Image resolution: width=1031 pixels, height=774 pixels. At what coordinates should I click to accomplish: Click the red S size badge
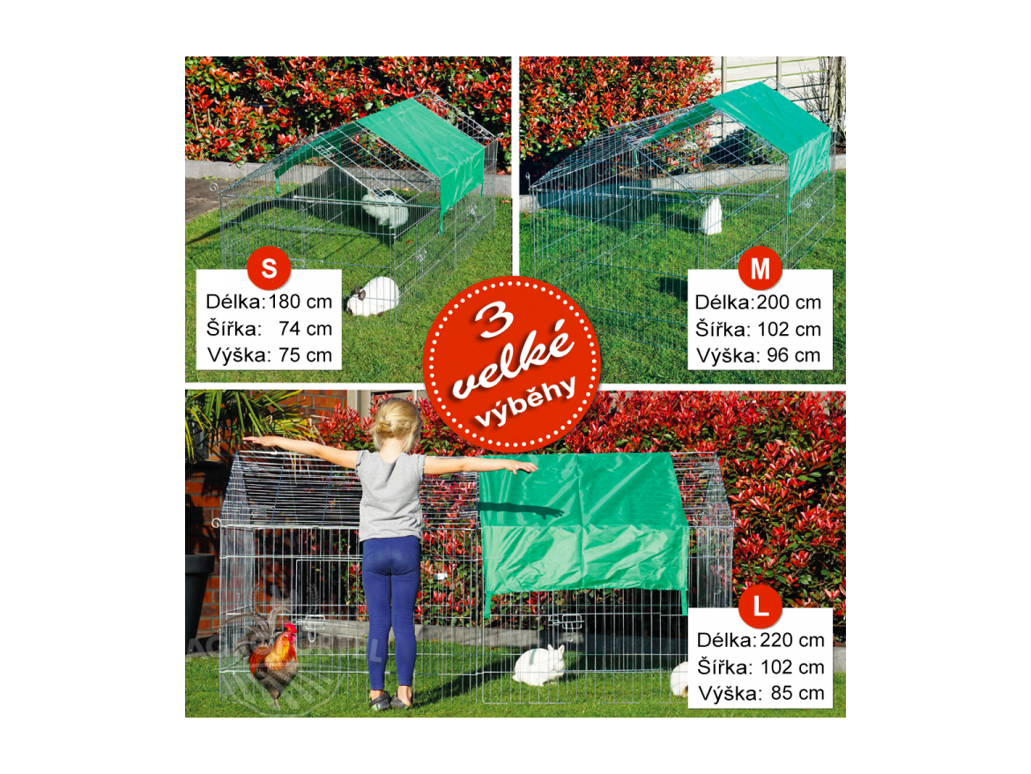tap(269, 268)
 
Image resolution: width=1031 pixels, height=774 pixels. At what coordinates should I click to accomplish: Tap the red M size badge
tap(760, 268)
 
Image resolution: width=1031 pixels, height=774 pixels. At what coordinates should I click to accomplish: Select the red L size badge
tap(760, 606)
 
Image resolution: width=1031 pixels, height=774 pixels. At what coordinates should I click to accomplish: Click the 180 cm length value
tap(300, 301)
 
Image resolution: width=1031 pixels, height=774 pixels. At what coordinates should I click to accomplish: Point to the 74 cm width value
tap(306, 328)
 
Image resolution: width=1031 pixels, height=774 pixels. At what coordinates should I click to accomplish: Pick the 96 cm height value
tap(794, 355)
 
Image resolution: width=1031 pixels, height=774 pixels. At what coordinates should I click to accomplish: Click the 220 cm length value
tap(792, 640)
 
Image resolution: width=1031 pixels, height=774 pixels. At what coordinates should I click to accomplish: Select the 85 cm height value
tap(797, 693)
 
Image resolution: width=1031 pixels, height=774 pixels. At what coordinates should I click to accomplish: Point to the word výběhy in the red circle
tap(525, 402)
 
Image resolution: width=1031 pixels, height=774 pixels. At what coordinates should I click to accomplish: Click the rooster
tap(270, 658)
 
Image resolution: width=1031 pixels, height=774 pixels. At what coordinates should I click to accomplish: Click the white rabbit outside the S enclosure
tap(373, 296)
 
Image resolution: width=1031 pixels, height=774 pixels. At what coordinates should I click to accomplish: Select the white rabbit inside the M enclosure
tap(711, 215)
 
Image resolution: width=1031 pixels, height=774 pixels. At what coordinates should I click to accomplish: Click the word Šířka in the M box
tap(722, 328)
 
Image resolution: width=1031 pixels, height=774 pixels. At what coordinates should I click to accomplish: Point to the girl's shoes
tap(390, 700)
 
